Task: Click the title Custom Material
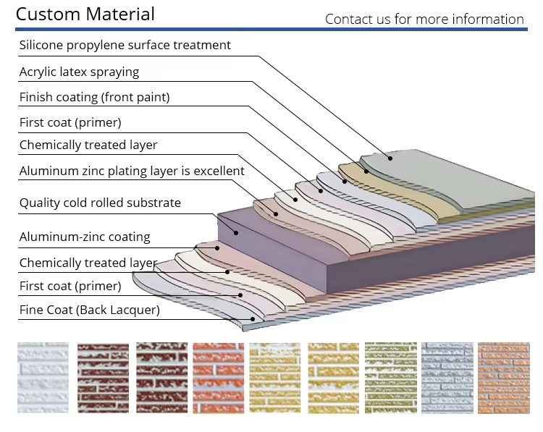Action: [x=85, y=14]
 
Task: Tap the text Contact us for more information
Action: [x=424, y=19]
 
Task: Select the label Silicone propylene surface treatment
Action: [x=125, y=45]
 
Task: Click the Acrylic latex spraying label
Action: [x=79, y=72]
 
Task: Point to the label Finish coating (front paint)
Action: [x=94, y=97]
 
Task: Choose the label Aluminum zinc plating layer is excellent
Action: [x=132, y=171]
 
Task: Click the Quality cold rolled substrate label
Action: [x=100, y=203]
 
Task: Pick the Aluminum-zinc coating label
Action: [x=85, y=237]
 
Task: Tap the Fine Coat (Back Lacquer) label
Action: [x=89, y=311]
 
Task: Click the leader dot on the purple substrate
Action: [x=235, y=232]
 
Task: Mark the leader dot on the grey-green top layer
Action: [x=390, y=157]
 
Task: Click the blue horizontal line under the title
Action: [x=271, y=30]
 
